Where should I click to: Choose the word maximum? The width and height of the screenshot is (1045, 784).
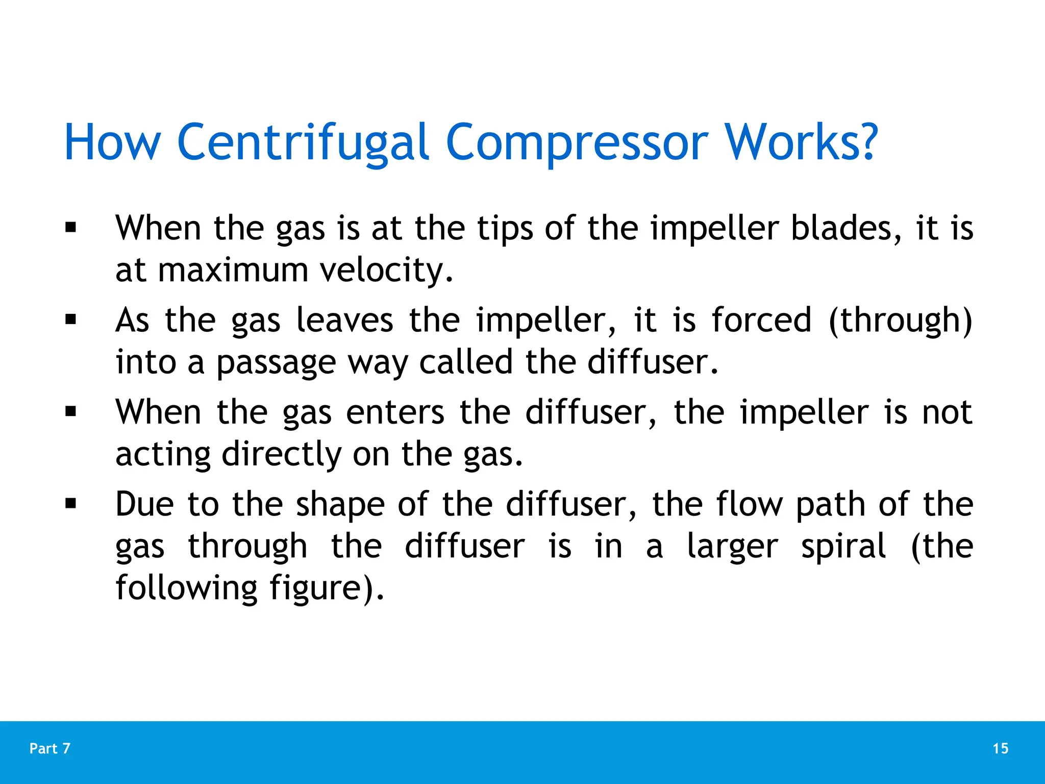click(233, 270)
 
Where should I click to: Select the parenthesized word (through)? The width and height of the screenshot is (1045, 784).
click(901, 321)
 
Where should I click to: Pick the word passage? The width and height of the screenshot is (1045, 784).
click(276, 363)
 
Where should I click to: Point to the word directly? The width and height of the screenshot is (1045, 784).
click(281, 455)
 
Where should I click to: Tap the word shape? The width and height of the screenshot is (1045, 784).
click(340, 505)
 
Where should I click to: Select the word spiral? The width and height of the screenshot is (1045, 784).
click(843, 546)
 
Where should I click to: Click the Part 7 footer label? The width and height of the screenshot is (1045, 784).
click(50, 748)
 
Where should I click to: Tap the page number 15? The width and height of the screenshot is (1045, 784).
click(1001, 748)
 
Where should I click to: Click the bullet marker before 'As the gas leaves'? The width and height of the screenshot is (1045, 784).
click(70, 320)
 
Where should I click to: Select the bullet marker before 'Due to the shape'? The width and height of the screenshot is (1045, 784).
click(70, 504)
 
